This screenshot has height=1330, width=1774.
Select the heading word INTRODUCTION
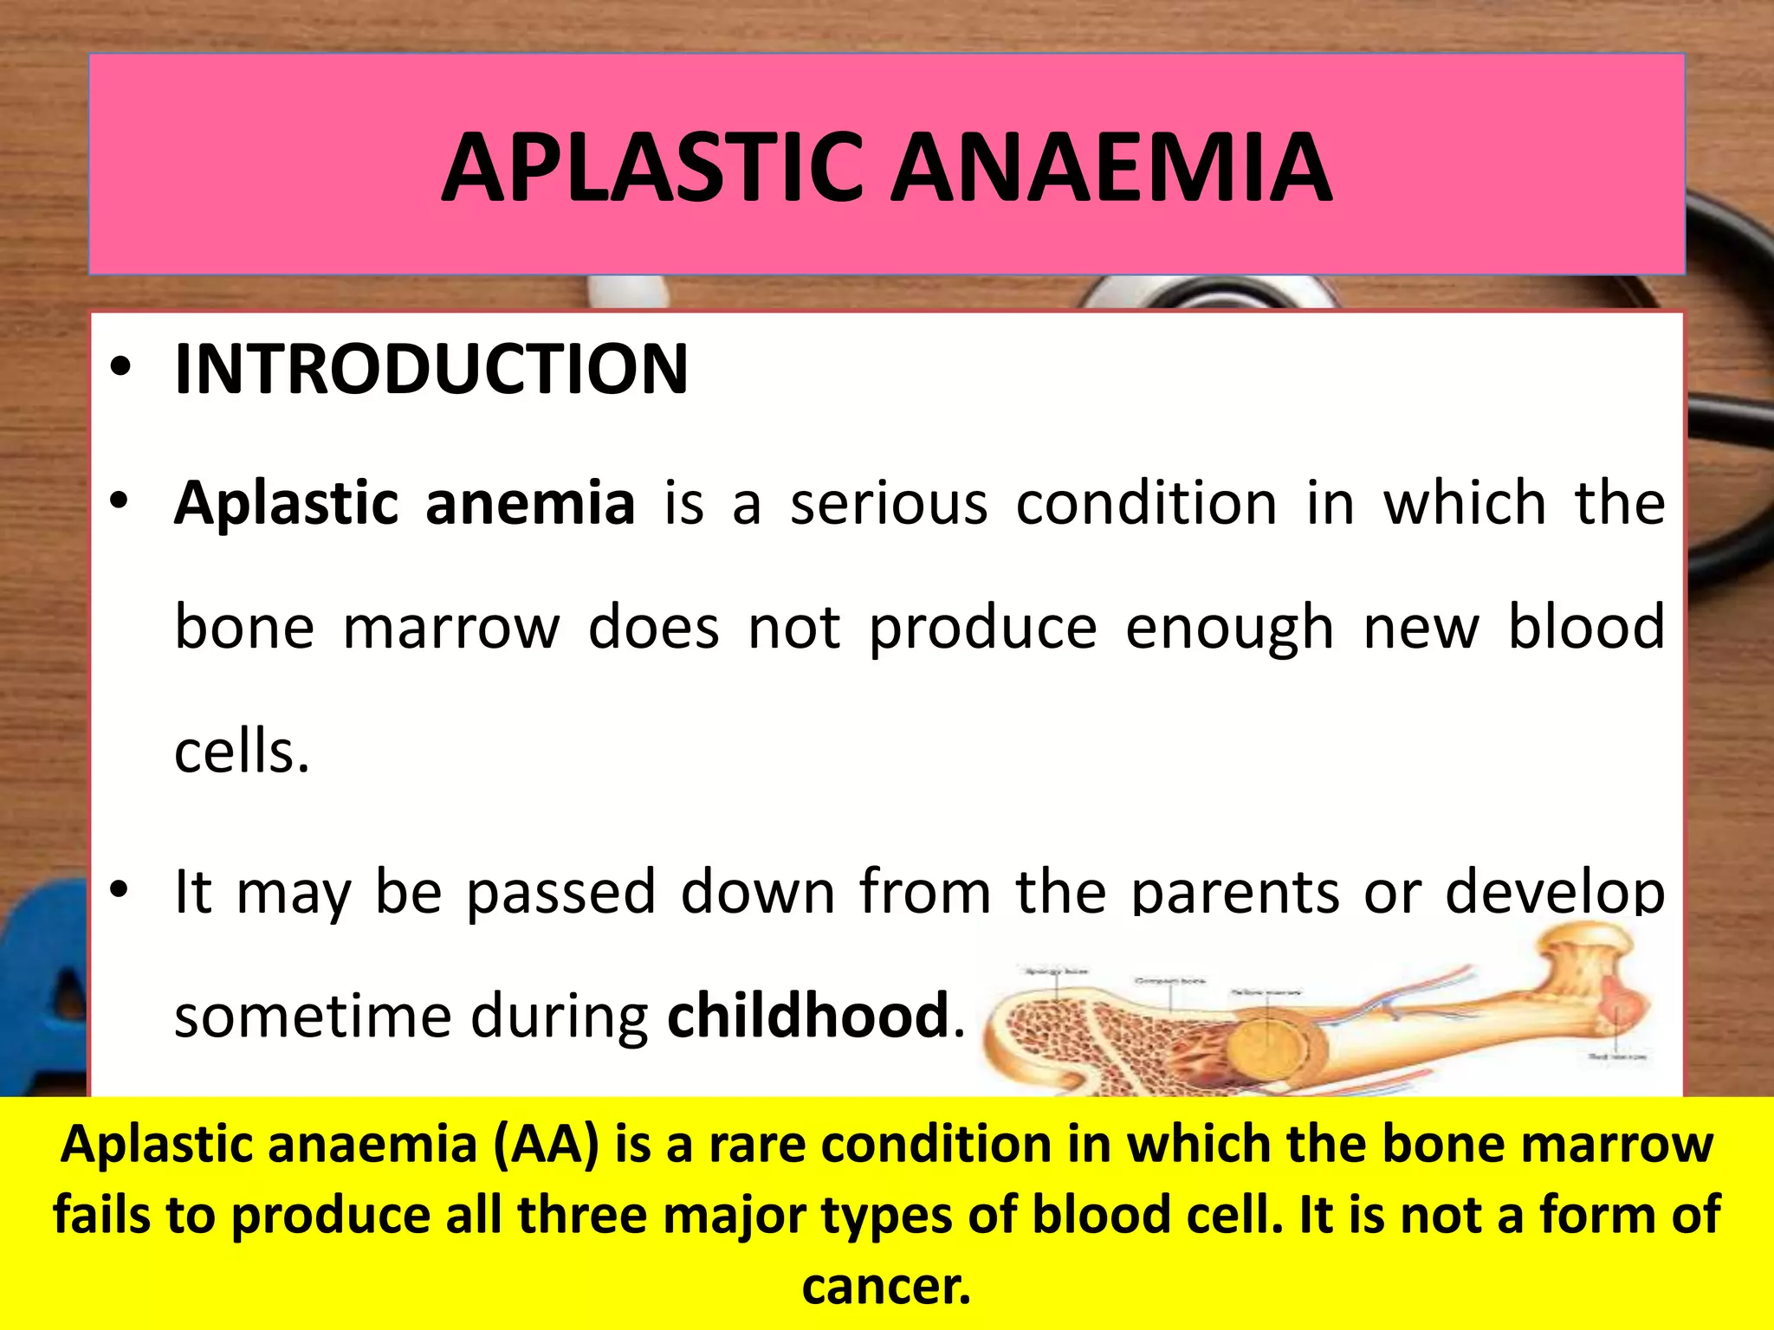pos(431,370)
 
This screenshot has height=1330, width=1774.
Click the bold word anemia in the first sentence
pos(530,503)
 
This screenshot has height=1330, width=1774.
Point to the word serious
pos(889,503)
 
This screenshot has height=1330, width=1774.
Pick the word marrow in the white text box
pos(451,627)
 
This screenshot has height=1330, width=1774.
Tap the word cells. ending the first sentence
pos(242,752)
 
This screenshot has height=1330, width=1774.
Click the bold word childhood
pos(808,1016)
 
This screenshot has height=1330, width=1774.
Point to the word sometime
pos(313,1016)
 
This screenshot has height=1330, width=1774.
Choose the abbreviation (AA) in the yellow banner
pos(546,1144)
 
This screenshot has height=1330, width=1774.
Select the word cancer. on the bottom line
pos(886,1286)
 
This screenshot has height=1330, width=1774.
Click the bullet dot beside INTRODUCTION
pos(120,370)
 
